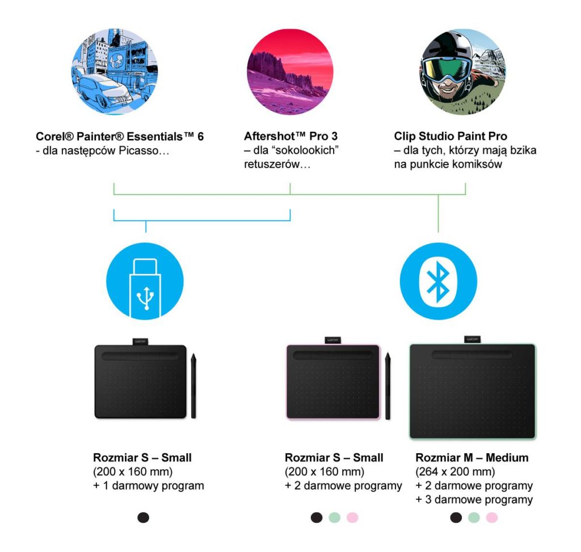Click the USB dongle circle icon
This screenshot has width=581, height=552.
(145, 281)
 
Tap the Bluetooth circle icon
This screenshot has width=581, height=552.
(438, 281)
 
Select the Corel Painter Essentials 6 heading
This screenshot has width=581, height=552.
(120, 137)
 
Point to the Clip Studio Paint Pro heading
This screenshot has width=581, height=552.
(451, 137)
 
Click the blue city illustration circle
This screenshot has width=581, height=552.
(114, 71)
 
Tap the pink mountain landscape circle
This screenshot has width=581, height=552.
(290, 71)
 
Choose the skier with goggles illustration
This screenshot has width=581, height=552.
(463, 71)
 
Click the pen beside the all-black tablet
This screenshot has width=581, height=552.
(193, 386)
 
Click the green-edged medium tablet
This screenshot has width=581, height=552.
(473, 391)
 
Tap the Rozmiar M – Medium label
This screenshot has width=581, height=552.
(472, 458)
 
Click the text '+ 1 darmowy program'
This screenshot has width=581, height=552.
(149, 486)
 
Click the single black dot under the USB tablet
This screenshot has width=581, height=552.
(144, 517)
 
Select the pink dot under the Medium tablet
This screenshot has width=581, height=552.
(491, 517)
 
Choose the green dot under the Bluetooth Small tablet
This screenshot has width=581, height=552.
(335, 517)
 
